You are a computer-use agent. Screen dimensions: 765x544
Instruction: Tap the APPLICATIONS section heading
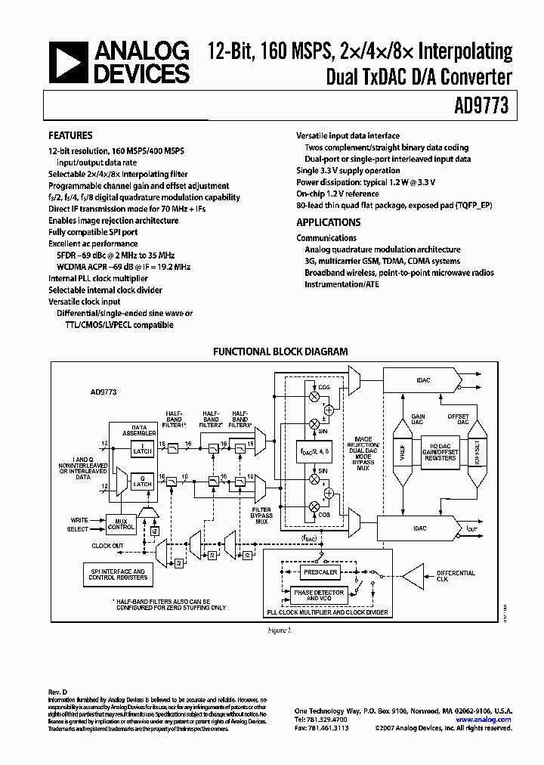(x=328, y=222)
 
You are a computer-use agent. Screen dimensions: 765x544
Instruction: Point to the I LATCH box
(x=141, y=451)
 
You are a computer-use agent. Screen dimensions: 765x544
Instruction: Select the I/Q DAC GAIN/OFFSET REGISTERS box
(x=440, y=454)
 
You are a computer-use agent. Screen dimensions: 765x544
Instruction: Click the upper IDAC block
(x=423, y=380)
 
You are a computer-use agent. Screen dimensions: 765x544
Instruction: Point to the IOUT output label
(x=472, y=529)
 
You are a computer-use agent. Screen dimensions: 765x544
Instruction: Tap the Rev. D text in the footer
(x=58, y=691)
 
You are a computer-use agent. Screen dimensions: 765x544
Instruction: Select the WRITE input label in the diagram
(x=80, y=520)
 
